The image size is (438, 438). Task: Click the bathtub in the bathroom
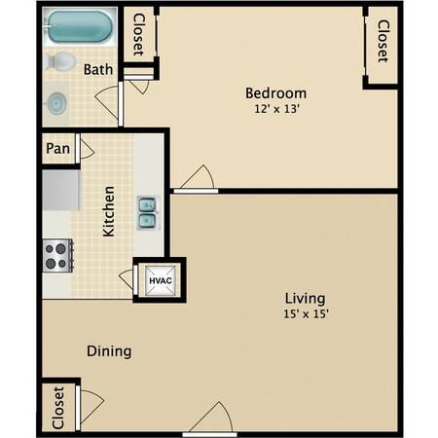point(80,26)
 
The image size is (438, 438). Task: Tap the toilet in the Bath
point(60,61)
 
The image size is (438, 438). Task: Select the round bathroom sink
point(56,103)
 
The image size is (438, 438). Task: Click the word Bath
point(98,69)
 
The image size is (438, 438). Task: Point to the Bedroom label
point(275,93)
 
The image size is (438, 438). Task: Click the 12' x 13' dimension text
point(276,109)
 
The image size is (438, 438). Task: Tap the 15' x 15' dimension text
point(306,313)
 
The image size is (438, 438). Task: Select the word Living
point(305,299)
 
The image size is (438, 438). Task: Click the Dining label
point(109,351)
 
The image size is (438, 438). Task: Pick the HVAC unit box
point(160,280)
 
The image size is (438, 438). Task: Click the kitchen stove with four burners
point(57,255)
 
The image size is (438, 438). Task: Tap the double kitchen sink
point(148,213)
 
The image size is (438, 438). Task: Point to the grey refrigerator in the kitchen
point(61,190)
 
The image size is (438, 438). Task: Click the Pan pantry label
point(57,149)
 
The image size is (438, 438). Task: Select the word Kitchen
point(109,211)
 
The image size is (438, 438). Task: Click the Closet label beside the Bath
point(138,34)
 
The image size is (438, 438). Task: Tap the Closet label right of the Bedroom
point(383,41)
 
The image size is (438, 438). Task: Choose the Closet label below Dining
point(58,408)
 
